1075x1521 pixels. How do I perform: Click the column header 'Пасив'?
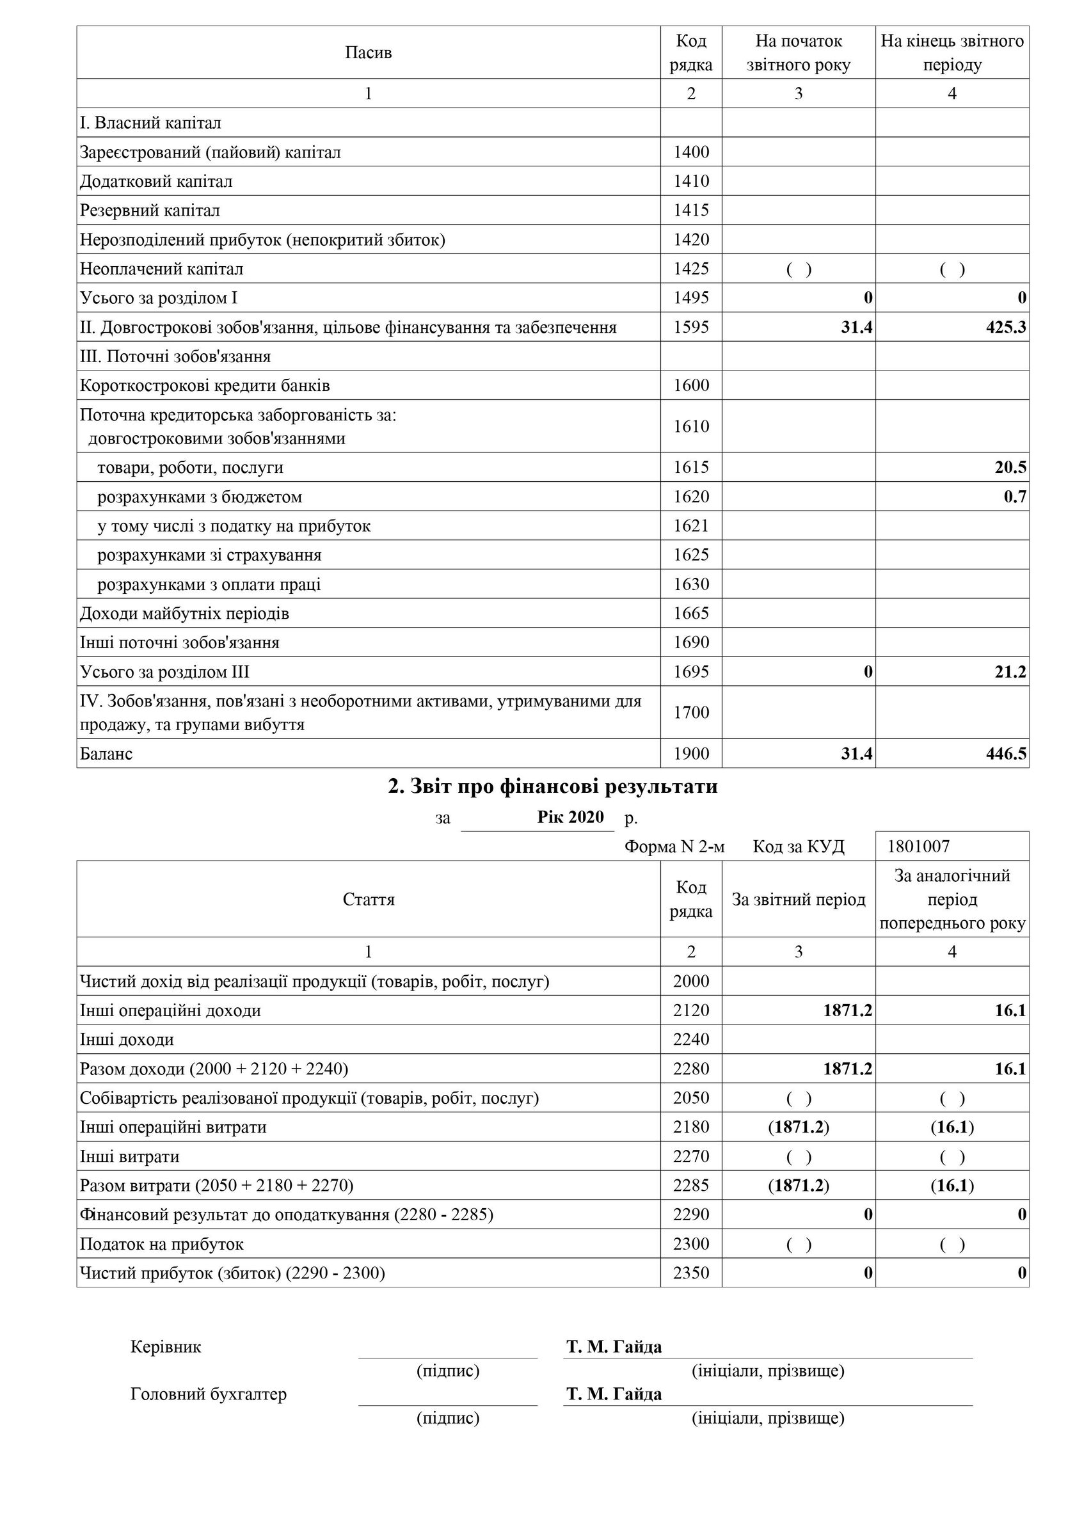click(x=369, y=52)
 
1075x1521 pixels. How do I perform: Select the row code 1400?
click(x=691, y=152)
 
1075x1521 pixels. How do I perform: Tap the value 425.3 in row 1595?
click(x=1005, y=327)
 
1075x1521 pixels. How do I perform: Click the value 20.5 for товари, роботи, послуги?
click(x=1010, y=468)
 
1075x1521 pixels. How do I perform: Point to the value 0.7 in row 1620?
click(x=1015, y=497)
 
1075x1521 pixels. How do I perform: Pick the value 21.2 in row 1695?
click(x=1010, y=673)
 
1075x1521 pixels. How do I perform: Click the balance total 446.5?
click(x=1005, y=754)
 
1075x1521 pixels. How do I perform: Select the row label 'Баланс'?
click(x=107, y=754)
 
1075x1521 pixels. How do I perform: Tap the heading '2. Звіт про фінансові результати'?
click(x=552, y=787)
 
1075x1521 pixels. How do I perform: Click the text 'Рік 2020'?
click(x=570, y=816)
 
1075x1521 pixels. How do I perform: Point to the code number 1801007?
click(x=918, y=847)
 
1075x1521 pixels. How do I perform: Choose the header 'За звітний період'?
click(x=798, y=900)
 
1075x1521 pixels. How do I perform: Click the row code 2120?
click(x=691, y=1010)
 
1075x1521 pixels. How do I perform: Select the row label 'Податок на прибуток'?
click(x=162, y=1244)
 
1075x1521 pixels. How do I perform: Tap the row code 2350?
click(x=691, y=1273)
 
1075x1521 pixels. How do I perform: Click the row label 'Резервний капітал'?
click(x=150, y=211)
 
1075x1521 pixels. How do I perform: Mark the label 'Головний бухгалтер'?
click(x=209, y=1394)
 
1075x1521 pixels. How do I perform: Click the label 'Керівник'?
click(x=166, y=1347)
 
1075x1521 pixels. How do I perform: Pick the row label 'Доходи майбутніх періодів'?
click(x=185, y=614)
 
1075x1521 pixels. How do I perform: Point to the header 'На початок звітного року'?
click(x=798, y=52)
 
